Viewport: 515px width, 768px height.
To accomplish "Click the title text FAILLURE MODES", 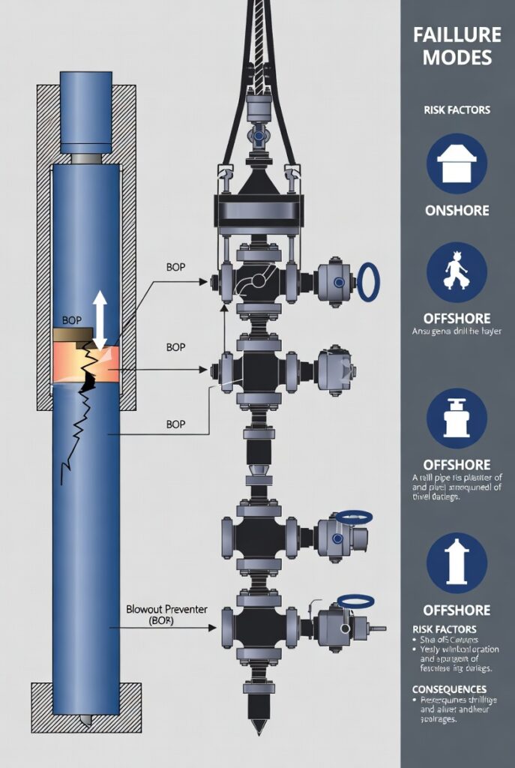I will tap(457, 46).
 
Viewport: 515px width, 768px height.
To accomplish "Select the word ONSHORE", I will tap(457, 211).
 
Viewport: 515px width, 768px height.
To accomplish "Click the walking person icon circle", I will tap(457, 272).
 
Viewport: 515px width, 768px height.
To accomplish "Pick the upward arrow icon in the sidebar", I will tap(457, 563).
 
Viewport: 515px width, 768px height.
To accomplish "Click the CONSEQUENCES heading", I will tap(449, 688).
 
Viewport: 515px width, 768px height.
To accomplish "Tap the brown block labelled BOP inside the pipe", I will tap(73, 331).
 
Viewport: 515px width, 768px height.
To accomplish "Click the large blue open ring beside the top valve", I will tap(368, 282).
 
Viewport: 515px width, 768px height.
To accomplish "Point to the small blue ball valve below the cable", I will tap(258, 138).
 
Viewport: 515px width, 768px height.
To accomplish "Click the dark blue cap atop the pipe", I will tap(85, 112).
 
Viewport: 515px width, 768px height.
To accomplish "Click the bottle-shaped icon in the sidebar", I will tap(457, 418).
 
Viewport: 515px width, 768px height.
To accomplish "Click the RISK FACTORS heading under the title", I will tap(457, 109).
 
